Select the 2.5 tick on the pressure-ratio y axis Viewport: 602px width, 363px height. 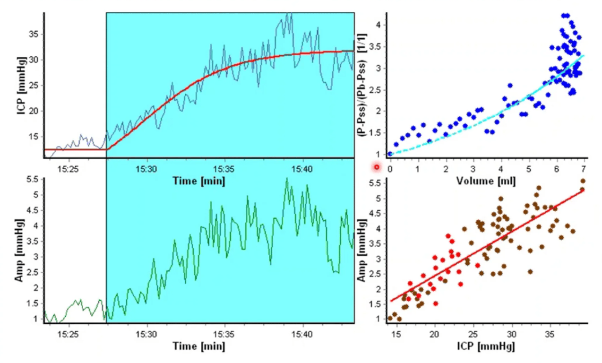[375, 90]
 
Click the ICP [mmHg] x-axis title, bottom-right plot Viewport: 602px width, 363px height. [486, 347]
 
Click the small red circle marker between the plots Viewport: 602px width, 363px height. [377, 167]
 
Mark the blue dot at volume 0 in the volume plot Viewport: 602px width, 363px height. [390, 154]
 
